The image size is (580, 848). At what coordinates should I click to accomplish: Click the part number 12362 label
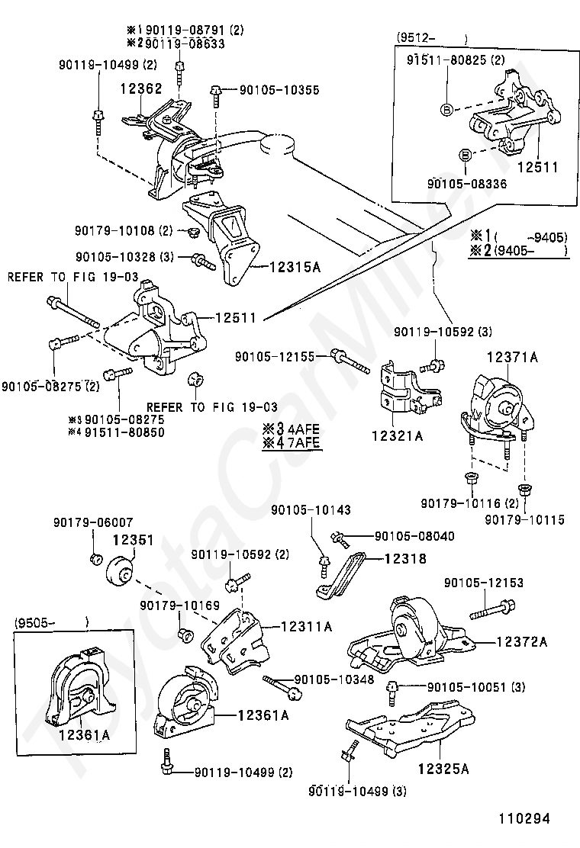[x=141, y=88]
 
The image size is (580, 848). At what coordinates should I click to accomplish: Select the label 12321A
[x=397, y=435]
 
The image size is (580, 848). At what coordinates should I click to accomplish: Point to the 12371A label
[x=512, y=357]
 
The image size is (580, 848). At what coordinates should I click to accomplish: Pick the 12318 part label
[x=405, y=558]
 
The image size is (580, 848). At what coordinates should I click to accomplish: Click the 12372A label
[x=521, y=642]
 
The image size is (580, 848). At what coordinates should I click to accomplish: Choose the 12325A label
[x=443, y=768]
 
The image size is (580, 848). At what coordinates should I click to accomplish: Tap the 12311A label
[x=306, y=626]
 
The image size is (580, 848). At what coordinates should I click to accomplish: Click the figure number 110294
[x=524, y=818]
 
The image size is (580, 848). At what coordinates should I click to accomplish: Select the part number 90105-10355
[x=280, y=90]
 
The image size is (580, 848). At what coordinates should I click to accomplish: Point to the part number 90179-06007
[x=93, y=522]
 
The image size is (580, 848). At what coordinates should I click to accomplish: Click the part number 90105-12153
[x=484, y=583]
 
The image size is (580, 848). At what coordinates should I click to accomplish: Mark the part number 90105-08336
[x=467, y=184]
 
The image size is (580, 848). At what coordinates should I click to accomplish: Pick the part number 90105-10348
[x=334, y=679]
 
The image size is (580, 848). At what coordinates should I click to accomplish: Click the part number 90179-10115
[x=525, y=520]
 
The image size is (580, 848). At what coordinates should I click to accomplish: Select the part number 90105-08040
[x=414, y=536]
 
